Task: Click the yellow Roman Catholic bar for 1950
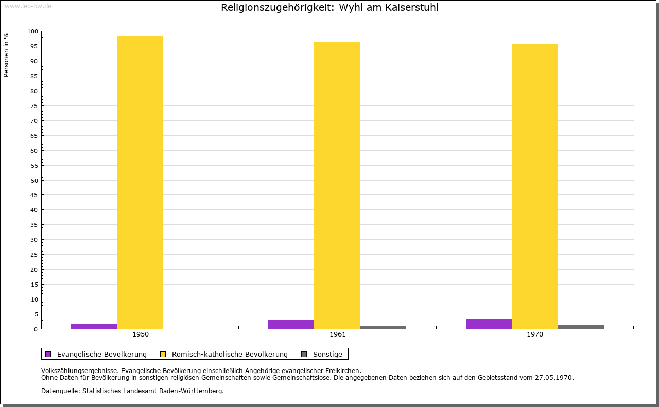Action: click(140, 182)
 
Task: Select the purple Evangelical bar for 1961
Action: click(291, 324)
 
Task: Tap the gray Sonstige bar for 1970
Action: click(581, 327)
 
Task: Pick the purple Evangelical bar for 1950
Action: click(94, 326)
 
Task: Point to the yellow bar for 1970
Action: click(535, 186)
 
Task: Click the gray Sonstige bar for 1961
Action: click(383, 327)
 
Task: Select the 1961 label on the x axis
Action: click(338, 334)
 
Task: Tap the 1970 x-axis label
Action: click(535, 334)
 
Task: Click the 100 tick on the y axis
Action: click(32, 31)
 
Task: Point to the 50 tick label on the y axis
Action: click(34, 181)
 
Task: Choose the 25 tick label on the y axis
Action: click(34, 255)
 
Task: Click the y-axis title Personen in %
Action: click(6, 55)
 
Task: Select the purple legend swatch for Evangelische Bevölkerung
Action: click(48, 355)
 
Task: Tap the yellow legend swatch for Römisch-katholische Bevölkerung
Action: click(163, 355)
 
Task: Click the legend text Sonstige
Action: click(327, 355)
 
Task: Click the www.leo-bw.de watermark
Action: click(28, 6)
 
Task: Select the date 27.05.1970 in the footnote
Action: click(554, 378)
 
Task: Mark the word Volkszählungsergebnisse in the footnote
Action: click(79, 371)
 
